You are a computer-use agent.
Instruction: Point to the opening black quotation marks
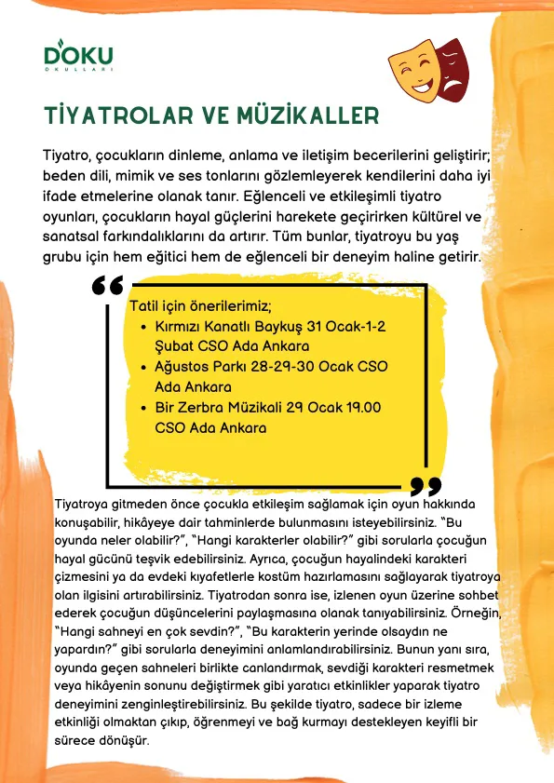pos(108,285)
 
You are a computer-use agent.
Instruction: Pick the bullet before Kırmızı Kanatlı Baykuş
pos(142,329)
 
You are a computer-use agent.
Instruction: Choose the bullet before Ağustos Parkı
pos(142,368)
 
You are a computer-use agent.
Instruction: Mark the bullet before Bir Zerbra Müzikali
pos(142,408)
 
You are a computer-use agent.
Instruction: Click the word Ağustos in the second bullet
pos(186,368)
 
